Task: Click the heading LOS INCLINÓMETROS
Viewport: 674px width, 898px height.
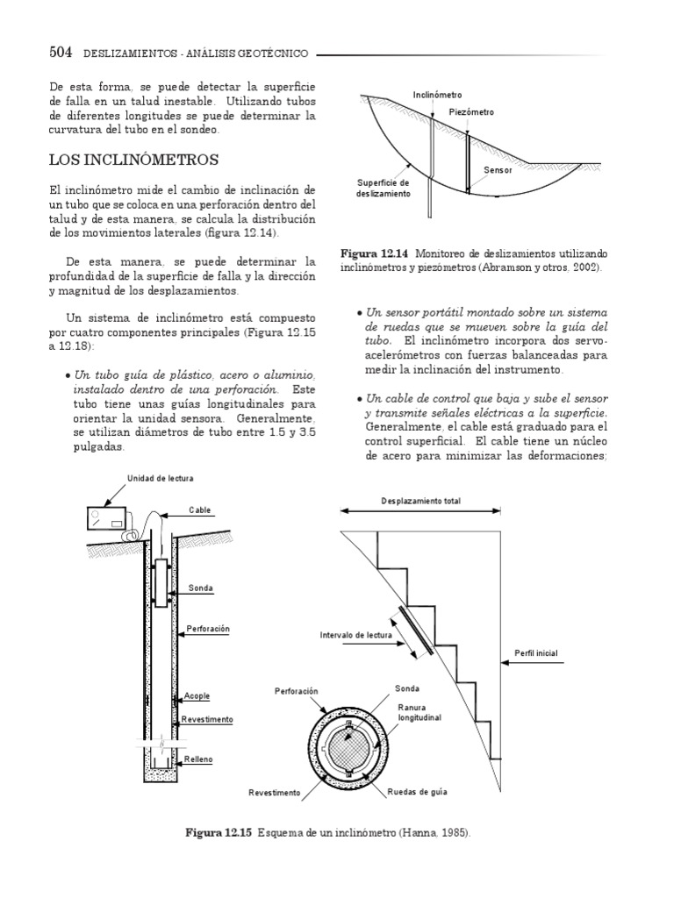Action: (x=134, y=160)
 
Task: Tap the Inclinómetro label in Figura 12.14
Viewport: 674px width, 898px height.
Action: (x=438, y=94)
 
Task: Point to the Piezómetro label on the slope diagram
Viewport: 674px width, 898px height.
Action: (x=471, y=113)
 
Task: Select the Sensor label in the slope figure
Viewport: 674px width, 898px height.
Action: (x=498, y=169)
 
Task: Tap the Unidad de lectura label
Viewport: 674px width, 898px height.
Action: (x=155, y=478)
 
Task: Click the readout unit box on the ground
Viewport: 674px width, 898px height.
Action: (x=106, y=520)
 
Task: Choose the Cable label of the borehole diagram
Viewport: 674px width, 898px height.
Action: (x=201, y=510)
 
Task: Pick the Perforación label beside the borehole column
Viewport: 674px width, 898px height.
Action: (x=208, y=629)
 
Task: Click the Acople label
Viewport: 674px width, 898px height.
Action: (x=198, y=696)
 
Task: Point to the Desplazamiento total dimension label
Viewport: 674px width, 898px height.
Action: (x=421, y=501)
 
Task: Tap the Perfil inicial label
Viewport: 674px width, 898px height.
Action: (x=535, y=653)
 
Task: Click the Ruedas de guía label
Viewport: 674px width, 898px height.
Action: (x=418, y=792)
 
